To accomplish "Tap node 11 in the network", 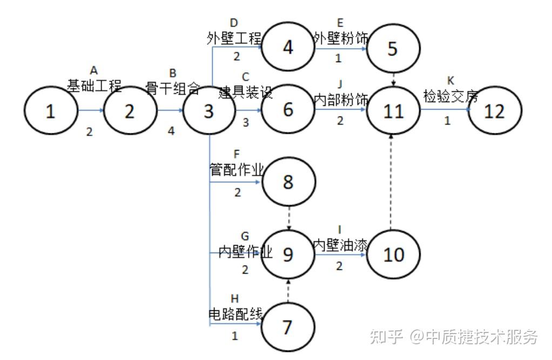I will point(393,111).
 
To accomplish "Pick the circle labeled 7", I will point(287,327).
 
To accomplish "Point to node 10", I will point(393,254).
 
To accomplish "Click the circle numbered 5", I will point(393,49).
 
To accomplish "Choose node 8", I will point(288,182).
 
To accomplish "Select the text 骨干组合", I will point(173,88).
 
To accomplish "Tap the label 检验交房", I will point(451,97).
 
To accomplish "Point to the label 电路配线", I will point(235,314).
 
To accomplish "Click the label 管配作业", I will point(237,170).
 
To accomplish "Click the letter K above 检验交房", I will point(451,81).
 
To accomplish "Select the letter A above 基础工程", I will point(93,70).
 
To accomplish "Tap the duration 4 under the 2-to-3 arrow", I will point(171,131).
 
